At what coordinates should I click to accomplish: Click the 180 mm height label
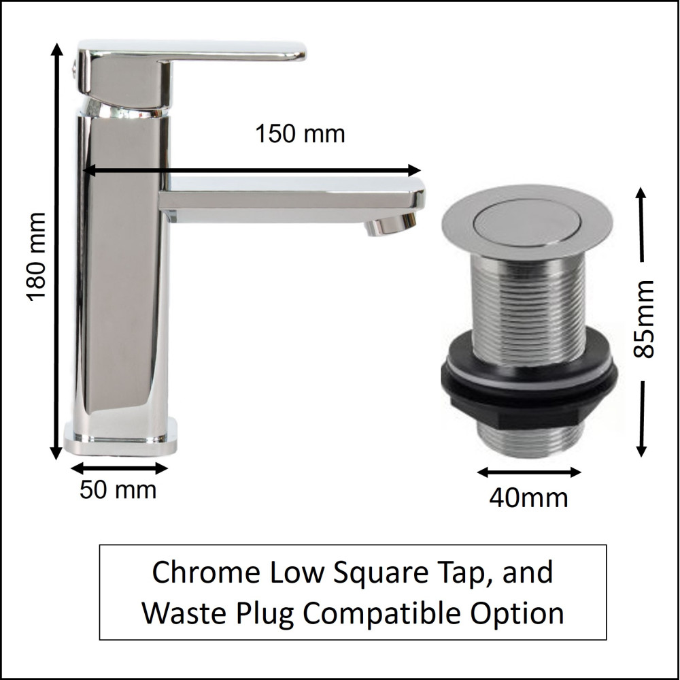pyautogui.click(x=36, y=257)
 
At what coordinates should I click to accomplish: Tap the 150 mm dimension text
pyautogui.click(x=300, y=133)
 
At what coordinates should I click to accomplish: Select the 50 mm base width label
pyautogui.click(x=118, y=490)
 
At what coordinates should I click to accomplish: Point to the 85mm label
pyautogui.click(x=643, y=319)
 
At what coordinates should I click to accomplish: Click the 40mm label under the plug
pyautogui.click(x=528, y=498)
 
